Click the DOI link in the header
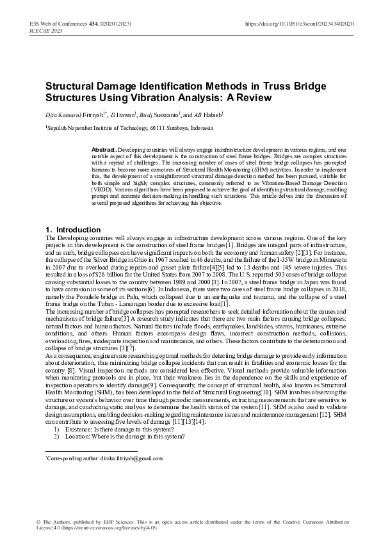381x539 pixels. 300,24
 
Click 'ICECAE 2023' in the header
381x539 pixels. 45,30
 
